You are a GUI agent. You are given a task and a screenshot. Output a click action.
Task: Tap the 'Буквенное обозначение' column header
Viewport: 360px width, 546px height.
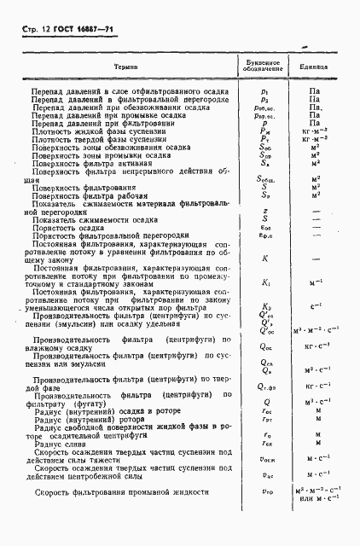pyautogui.click(x=264, y=66)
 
